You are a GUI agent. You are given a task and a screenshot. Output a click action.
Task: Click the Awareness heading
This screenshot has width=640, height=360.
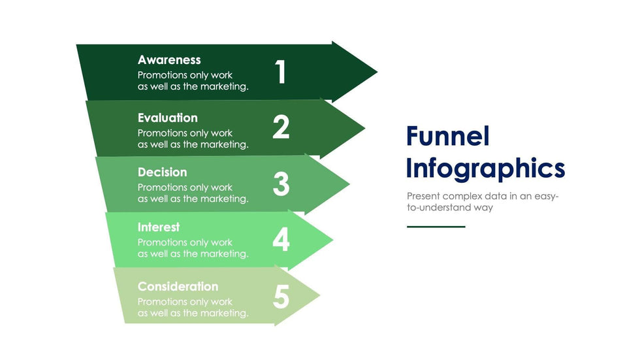(x=169, y=60)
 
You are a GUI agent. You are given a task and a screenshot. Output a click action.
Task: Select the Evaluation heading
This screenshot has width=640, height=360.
(x=167, y=118)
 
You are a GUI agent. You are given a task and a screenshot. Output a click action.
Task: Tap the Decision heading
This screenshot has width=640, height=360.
(x=162, y=172)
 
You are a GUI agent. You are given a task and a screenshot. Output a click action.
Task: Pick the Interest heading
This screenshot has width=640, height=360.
(x=159, y=227)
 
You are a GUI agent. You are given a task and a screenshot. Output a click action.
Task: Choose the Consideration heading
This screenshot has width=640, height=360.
(x=178, y=287)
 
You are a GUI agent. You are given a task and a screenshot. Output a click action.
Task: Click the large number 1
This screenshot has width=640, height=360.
(x=281, y=72)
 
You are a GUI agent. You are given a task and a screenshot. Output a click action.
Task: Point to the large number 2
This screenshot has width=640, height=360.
(x=281, y=127)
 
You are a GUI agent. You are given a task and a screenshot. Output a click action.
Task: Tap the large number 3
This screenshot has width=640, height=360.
(x=281, y=184)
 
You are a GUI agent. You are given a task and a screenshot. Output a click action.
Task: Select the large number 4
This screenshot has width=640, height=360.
(x=281, y=240)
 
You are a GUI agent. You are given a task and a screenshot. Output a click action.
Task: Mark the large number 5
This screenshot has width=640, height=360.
(x=281, y=297)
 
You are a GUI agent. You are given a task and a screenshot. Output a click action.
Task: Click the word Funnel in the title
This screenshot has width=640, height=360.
(x=447, y=137)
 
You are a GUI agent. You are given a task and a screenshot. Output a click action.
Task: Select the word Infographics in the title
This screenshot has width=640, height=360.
(x=485, y=168)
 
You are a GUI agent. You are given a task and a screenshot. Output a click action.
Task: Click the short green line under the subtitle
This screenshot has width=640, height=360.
(x=436, y=227)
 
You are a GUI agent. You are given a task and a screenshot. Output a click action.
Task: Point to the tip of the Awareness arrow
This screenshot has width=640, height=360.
(x=376, y=71)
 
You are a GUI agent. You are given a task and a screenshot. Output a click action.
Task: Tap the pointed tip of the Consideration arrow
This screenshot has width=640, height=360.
(x=319, y=296)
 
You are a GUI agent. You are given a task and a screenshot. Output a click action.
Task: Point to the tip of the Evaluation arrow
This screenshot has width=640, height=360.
(x=364, y=128)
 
